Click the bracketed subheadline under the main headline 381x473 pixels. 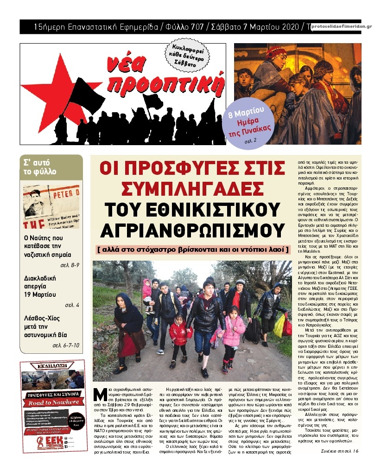pyautogui.click(x=193, y=249)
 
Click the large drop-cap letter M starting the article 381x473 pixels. pyautogui.click(x=98, y=395)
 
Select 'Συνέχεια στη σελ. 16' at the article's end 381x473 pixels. pyautogui.click(x=340, y=451)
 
